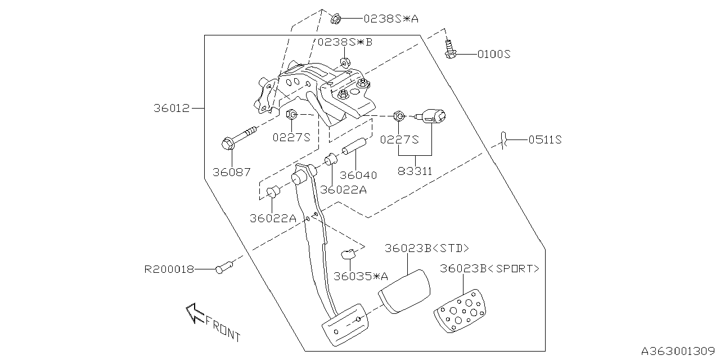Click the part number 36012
point(172,107)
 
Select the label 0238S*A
point(390,19)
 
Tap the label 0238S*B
point(345,42)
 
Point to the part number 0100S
point(493,55)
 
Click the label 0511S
point(544,139)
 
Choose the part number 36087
point(231,173)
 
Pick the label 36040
point(358,175)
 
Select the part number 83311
point(415,171)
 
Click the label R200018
point(169,269)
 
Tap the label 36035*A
point(361,276)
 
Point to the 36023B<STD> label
point(427,249)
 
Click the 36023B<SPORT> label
point(489,269)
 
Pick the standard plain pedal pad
point(404,290)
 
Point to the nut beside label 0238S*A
point(335,19)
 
